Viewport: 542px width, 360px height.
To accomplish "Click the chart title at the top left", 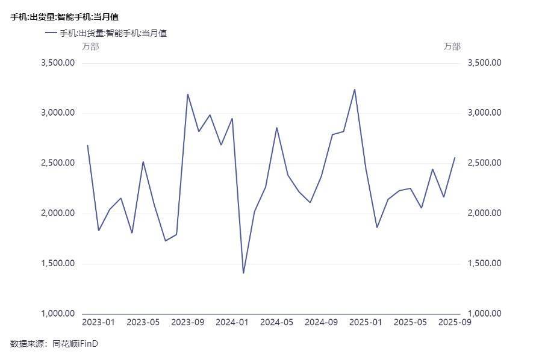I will pyautogui.click(x=64, y=17).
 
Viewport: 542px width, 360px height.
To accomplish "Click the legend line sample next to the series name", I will pyautogui.click(x=51, y=33).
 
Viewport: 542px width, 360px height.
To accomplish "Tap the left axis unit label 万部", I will pyautogui.click(x=90, y=46).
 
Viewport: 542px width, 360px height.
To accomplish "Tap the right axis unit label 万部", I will pyautogui.click(x=452, y=46).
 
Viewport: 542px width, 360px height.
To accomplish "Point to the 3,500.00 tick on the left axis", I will pyautogui.click(x=57, y=63).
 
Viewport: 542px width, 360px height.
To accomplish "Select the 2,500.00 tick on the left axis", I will pyautogui.click(x=57, y=163).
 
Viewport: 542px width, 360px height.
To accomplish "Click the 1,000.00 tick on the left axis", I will pyautogui.click(x=57, y=314).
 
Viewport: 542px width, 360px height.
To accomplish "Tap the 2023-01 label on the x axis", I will pyautogui.click(x=98, y=323).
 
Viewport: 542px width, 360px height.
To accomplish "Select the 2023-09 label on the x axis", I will pyautogui.click(x=187, y=323).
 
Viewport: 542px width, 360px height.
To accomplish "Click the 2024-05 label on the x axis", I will pyautogui.click(x=276, y=323).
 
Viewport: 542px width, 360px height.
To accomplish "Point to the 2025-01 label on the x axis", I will pyautogui.click(x=366, y=323).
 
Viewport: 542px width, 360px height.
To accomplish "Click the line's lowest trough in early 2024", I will pyautogui.click(x=243, y=273).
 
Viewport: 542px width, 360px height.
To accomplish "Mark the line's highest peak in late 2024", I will pyautogui.click(x=355, y=90).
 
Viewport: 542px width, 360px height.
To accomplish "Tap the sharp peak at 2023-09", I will pyautogui.click(x=187, y=94).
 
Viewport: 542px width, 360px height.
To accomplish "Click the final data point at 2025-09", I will pyautogui.click(x=455, y=158).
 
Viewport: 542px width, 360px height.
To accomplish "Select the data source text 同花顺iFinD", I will pyautogui.click(x=75, y=344).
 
